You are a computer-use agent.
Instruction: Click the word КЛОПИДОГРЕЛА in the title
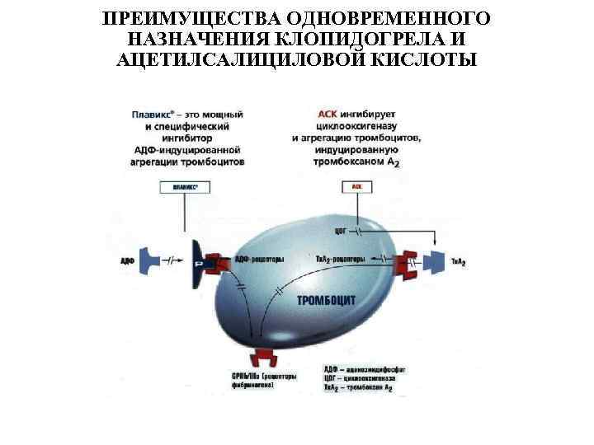[x=375, y=39]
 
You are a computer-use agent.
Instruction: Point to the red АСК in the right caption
[x=328, y=114]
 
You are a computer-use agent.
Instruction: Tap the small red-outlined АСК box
[x=357, y=187]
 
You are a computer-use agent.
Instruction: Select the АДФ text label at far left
[x=127, y=260]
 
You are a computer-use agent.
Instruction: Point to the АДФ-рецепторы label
[x=260, y=259]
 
